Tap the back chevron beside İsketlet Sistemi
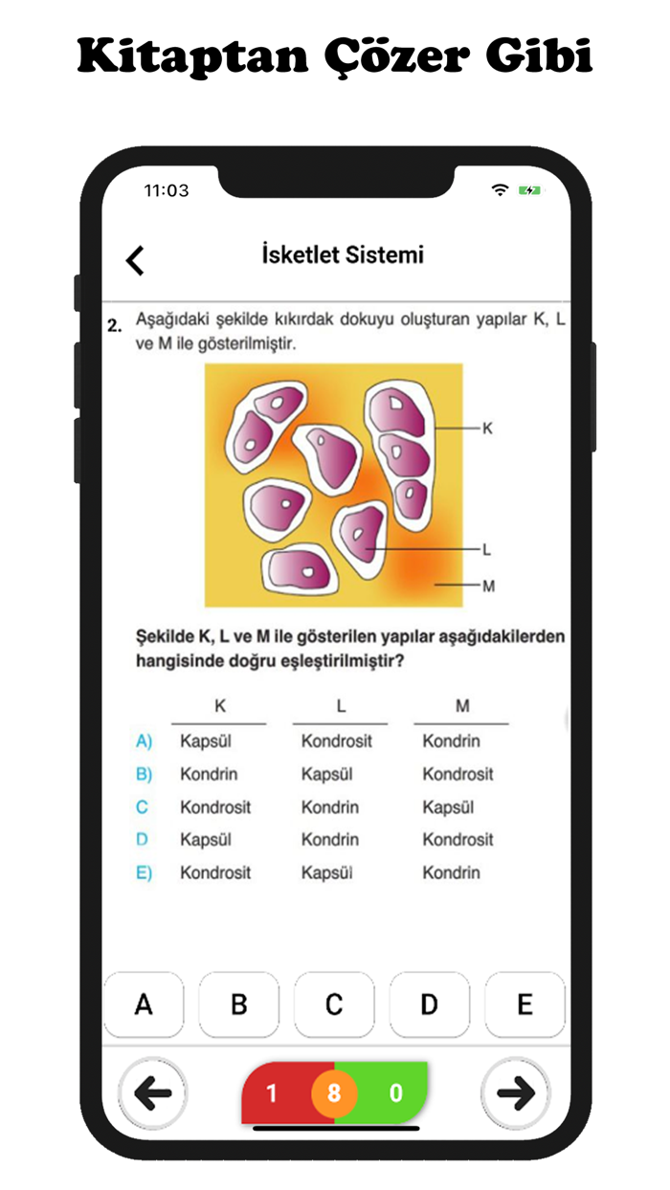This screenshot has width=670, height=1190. click(x=135, y=259)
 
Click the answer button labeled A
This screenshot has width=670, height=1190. click(x=144, y=1004)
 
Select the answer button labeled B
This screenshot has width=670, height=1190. click(x=238, y=1004)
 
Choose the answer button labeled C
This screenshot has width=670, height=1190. click(x=334, y=1004)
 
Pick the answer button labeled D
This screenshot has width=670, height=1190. click(x=429, y=1004)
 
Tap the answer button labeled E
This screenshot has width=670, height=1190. click(x=525, y=1004)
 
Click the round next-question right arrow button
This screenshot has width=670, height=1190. click(x=516, y=1093)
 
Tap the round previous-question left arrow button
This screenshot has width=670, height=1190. click(x=153, y=1093)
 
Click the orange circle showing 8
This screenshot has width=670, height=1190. click(x=334, y=1092)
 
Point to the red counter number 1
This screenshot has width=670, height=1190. click(x=271, y=1092)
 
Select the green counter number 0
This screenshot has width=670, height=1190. click(x=396, y=1092)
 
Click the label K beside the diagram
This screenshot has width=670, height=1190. click(x=487, y=429)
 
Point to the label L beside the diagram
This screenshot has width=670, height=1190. click(x=487, y=549)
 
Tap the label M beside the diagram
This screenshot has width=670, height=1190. click(x=488, y=585)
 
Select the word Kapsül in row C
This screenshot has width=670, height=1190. click(x=448, y=807)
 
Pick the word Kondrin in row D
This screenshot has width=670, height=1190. click(x=329, y=840)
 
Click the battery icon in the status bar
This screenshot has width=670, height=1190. click(x=529, y=190)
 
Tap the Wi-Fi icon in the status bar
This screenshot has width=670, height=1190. click(x=500, y=190)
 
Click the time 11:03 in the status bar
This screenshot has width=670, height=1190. click(x=167, y=190)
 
